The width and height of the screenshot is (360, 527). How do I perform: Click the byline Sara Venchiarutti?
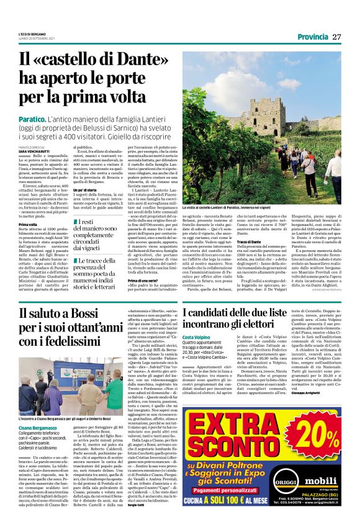[x=35, y=151]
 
